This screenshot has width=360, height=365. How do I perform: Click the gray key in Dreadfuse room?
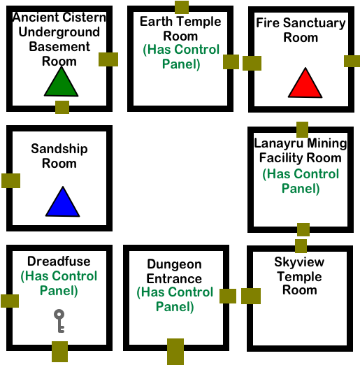pos(59,321)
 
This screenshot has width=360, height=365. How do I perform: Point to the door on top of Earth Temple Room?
pos(182,7)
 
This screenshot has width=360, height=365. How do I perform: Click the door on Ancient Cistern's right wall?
pos(108,59)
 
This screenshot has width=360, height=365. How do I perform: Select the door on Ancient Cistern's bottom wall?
pos(62,107)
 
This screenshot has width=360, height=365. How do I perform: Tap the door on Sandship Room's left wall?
pos(10,180)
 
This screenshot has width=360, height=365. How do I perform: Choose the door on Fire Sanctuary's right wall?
pos(352,61)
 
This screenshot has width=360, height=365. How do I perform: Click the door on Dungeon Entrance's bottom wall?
pos(175,352)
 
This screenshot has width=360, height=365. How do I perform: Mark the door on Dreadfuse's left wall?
pos(10,301)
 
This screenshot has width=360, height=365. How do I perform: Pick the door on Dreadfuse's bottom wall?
pos(60,352)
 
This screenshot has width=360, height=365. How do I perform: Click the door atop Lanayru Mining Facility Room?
pos(303,129)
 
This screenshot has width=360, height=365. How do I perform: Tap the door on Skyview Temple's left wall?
pos(251,296)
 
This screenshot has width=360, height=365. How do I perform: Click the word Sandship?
pos(59,149)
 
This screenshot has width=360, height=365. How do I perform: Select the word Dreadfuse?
pos(59,261)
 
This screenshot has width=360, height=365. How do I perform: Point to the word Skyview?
pos(299,262)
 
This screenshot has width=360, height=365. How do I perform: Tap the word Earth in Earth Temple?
pos(153,22)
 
